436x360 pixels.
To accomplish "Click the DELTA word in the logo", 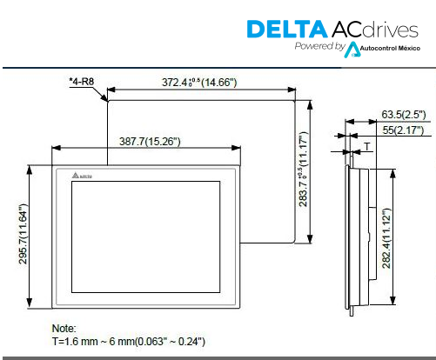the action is tap(287, 29).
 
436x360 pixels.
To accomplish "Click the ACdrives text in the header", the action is tap(375, 30).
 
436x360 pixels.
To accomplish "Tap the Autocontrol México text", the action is tap(390, 49).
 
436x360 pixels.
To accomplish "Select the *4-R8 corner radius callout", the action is tap(82, 82).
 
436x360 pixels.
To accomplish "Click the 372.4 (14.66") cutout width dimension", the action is tap(199, 83).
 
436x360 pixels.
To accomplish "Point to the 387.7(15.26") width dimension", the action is tap(150, 142).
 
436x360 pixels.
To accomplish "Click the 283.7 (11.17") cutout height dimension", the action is tap(303, 170).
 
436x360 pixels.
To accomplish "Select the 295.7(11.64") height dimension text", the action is tap(23, 234).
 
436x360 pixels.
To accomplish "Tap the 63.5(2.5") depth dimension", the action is tap(404, 115).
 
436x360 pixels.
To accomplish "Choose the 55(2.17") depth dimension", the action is tap(403, 130).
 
